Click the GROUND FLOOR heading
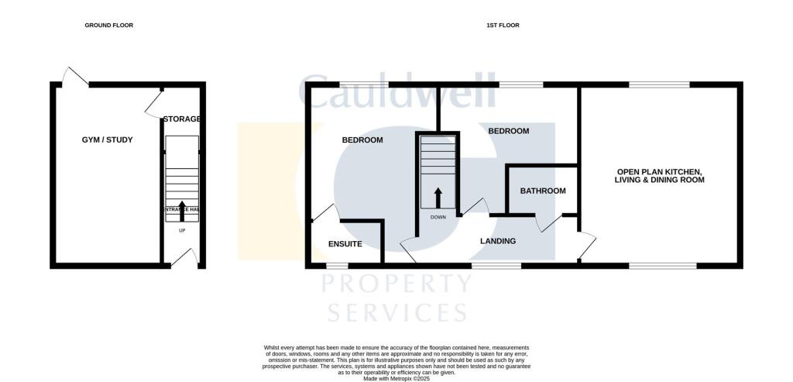108,26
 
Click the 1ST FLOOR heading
503,26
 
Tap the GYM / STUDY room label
108,140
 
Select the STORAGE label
182,119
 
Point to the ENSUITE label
345,244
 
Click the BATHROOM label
542,191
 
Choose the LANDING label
498,241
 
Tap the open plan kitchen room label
660,175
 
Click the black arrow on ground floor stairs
182,208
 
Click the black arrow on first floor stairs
438,197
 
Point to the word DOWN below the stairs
438,217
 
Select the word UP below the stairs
182,231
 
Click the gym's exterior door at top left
76,77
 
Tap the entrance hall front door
185,259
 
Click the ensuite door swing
324,214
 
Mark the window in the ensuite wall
338,266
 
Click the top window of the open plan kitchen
658,84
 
